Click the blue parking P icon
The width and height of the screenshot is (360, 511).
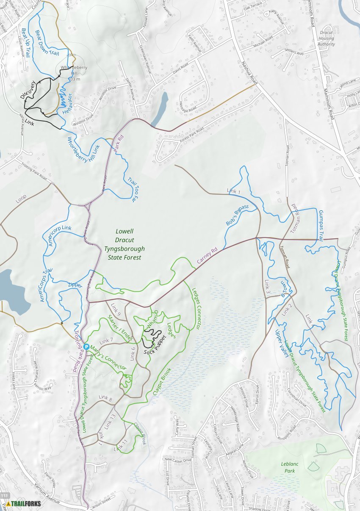(86, 347)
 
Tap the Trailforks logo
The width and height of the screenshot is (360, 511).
(24, 503)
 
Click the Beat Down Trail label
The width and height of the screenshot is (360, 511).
(46, 42)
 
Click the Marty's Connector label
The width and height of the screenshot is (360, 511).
(109, 358)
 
